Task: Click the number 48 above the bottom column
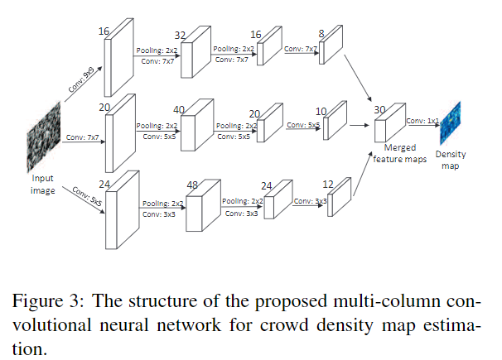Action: click(192, 186)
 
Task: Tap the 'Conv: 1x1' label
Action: click(422, 121)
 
